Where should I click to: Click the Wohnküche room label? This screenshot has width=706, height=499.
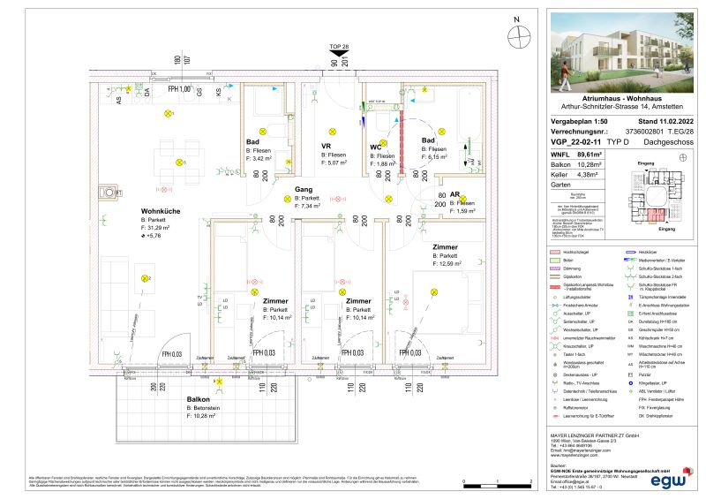tap(162, 211)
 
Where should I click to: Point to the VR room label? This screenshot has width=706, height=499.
tap(326, 146)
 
